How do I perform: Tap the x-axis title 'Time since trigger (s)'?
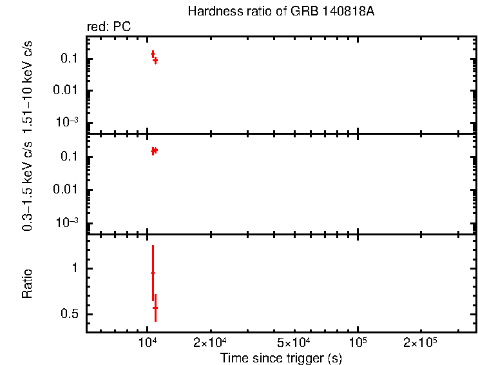280,357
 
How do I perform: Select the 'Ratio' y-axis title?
28,284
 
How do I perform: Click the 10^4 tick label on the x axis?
148,341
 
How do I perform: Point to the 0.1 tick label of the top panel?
70,59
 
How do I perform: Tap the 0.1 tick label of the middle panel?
70,157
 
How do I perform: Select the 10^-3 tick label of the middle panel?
66,222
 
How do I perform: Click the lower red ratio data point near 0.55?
155,308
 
